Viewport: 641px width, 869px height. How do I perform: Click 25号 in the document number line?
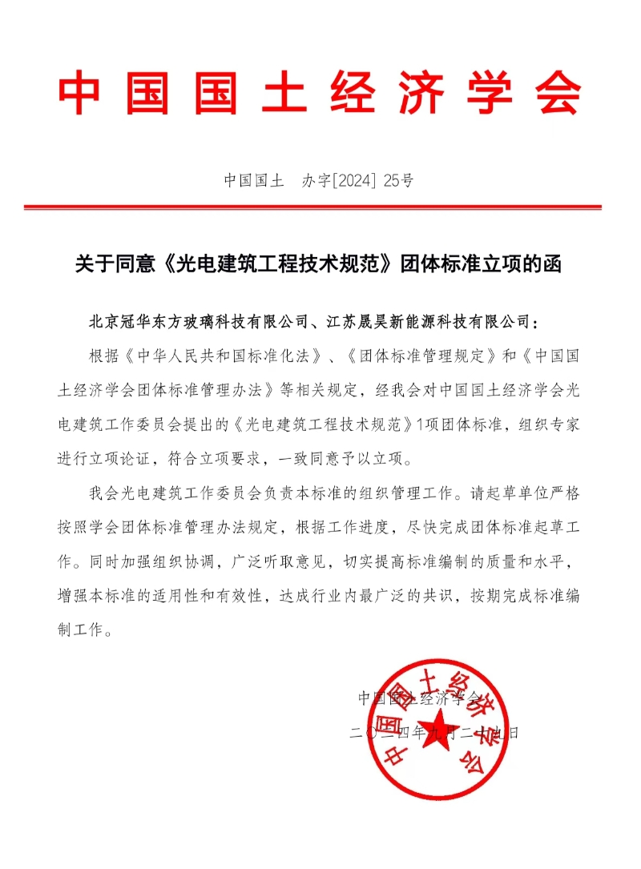coord(399,180)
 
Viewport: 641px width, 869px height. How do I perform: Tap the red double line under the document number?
coord(320,207)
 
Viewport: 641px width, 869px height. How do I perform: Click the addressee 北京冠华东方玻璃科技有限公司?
coord(198,322)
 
